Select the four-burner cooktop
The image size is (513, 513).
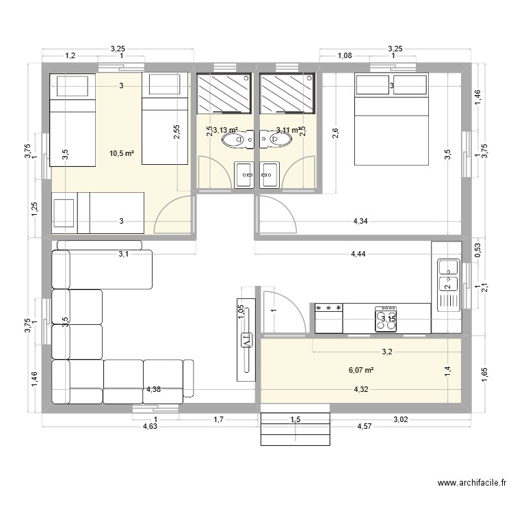point(386,319)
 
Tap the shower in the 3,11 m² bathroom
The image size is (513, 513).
point(288,94)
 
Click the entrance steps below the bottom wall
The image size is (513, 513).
point(295,428)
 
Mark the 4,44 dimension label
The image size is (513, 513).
point(358,254)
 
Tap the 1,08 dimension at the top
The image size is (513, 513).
point(344,56)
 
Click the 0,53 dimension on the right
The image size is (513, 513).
point(477,251)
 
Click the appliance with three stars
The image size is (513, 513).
point(328,318)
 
